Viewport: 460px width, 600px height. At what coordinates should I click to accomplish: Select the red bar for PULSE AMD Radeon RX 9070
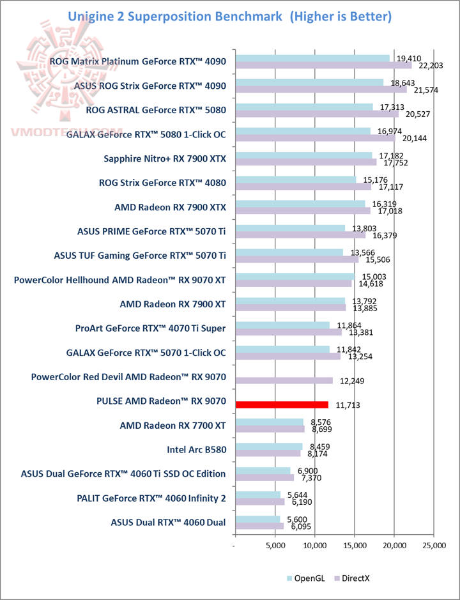pyautogui.click(x=282, y=404)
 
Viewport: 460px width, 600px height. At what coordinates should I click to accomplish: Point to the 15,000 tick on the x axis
pyautogui.click(x=355, y=546)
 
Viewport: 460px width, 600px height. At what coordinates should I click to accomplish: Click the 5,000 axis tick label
pyautogui.click(x=275, y=546)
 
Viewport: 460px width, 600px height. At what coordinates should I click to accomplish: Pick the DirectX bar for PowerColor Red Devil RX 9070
pyautogui.click(x=284, y=381)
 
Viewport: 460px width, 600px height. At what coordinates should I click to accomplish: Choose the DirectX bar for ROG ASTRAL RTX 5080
pyautogui.click(x=317, y=114)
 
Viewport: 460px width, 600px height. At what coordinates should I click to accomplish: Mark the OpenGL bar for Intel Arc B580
pyautogui.click(x=269, y=446)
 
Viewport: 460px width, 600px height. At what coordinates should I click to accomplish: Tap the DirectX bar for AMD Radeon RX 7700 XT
pyautogui.click(x=270, y=429)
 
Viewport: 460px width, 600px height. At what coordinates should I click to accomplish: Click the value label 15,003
pyautogui.click(x=368, y=277)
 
